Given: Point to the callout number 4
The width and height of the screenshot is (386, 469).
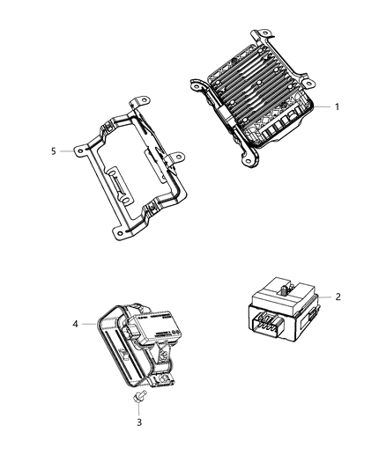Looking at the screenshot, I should pos(76,324).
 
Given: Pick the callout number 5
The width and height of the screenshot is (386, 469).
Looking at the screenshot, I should pos(55,150).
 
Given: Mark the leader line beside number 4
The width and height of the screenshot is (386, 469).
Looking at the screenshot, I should pos(91,324).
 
